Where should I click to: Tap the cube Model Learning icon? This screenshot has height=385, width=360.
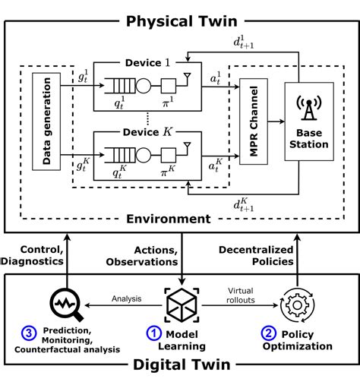(x=181, y=301)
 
